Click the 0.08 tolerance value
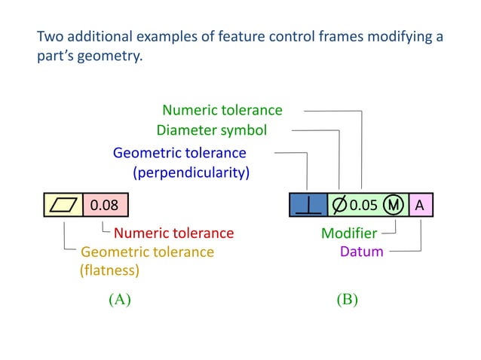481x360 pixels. [x=105, y=204]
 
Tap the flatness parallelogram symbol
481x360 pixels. [x=63, y=204]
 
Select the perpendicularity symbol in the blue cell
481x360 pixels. [x=308, y=205]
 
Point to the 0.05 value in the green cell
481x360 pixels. [x=363, y=204]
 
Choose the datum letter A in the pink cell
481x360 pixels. [x=420, y=204]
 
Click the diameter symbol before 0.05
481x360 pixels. [x=340, y=204]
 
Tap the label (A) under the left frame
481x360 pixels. [x=119, y=299]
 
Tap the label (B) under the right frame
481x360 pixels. [x=346, y=299]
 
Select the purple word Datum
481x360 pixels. [x=362, y=252]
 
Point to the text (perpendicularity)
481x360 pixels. [x=191, y=172]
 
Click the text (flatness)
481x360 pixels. [x=110, y=269]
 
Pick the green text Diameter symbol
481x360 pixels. [x=211, y=130]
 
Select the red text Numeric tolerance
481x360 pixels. [x=173, y=233]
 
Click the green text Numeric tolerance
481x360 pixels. [x=222, y=111]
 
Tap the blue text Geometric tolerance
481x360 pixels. [x=179, y=154]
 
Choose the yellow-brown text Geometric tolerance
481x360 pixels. [x=147, y=252]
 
